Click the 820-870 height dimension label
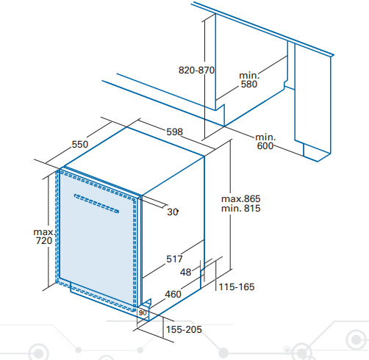click(196, 71)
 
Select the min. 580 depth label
click(249, 80)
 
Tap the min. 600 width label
click(265, 142)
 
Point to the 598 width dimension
click(174, 132)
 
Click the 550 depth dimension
click(80, 144)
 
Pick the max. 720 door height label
click(44, 237)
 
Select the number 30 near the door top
click(173, 212)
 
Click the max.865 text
click(241, 198)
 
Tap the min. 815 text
click(241, 209)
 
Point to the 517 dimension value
click(174, 259)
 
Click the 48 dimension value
click(185, 272)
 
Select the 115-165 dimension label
click(237, 287)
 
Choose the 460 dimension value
click(173, 294)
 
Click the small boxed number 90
click(143, 313)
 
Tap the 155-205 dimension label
click(184, 329)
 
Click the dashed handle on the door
click(96, 204)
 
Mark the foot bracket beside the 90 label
click(146, 303)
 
